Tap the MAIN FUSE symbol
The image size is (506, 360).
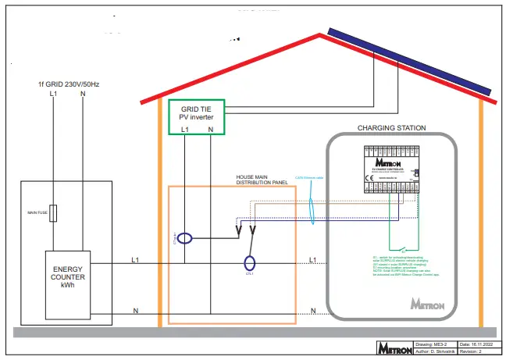[x=54, y=213]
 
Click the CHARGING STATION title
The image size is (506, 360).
[x=391, y=127]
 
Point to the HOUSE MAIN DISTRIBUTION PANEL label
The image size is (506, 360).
[x=262, y=180]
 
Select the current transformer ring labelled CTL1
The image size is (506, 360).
[x=249, y=262]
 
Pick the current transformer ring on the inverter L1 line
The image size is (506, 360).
[x=184, y=238]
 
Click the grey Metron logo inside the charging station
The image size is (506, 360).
[x=428, y=301]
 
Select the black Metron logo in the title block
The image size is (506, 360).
[x=394, y=349]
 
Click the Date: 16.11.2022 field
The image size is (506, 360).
[x=477, y=344]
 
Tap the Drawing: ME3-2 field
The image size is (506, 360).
[x=434, y=344]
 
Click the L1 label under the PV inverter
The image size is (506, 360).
[x=184, y=129]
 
